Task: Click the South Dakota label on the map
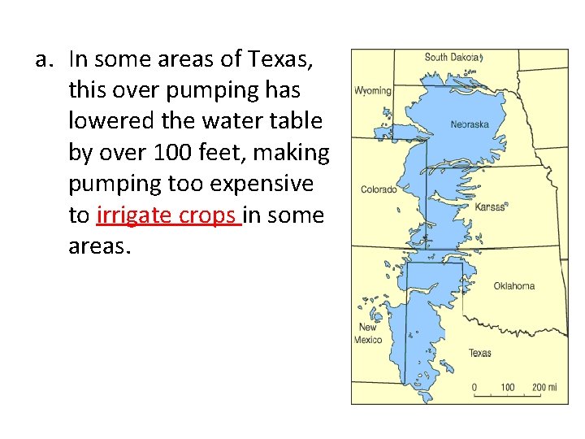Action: [453, 58]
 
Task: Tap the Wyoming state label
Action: [373, 91]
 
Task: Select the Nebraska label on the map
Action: [470, 124]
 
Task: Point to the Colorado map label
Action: [379, 190]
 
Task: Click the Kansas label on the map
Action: [490, 207]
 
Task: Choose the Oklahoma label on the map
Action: [514, 286]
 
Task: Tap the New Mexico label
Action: [368, 333]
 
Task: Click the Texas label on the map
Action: [479, 353]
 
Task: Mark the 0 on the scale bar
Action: [474, 388]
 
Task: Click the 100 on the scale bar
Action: [507, 388]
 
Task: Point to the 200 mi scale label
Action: [544, 388]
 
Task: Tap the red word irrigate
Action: [129, 215]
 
